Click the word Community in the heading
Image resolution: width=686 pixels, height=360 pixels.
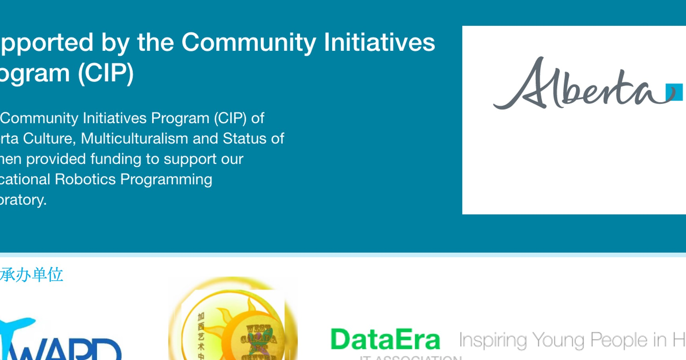[249, 43]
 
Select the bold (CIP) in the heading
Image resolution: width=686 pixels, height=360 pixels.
[106, 73]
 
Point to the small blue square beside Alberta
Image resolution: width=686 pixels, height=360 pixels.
[674, 92]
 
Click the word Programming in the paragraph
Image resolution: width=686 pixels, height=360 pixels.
[166, 179]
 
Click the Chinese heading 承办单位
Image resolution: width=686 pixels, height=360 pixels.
[32, 275]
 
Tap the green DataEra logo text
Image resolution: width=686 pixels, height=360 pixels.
[385, 340]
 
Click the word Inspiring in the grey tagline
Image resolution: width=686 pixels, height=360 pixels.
[493, 341]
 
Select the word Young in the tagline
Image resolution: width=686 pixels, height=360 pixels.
[558, 341]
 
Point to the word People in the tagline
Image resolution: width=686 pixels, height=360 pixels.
[619, 341]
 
